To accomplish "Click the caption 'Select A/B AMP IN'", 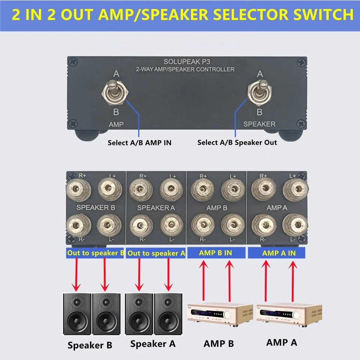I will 139,142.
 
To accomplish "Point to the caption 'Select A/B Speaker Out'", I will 237,142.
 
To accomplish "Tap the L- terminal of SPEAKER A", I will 171,225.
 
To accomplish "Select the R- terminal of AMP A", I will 263,225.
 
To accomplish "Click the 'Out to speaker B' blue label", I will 96,253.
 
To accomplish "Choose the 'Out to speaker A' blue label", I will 156,253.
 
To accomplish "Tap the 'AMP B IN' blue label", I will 215,253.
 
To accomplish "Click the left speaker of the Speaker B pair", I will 77,314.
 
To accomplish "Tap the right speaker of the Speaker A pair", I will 168,314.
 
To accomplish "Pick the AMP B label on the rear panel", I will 217,207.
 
